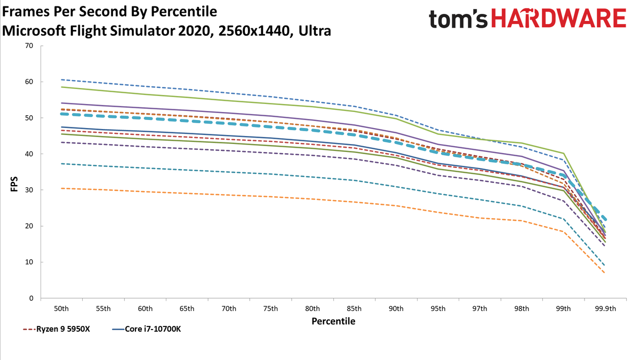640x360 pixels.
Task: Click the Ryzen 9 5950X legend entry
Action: (x=57, y=329)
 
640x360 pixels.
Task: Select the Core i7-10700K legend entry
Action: (x=146, y=329)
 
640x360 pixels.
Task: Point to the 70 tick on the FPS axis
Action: (x=29, y=46)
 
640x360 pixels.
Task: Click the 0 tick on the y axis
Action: (x=31, y=298)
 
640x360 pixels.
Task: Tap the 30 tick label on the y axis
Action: (x=29, y=190)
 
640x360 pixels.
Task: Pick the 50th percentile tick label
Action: (x=61, y=309)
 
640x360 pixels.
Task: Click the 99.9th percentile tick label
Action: (x=605, y=309)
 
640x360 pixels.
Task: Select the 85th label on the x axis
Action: (x=354, y=309)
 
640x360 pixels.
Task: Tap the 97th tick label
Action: (x=479, y=309)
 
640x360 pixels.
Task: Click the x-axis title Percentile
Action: (x=333, y=322)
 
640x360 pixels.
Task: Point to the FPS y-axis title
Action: (x=14, y=184)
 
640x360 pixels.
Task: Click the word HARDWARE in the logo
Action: (x=558, y=18)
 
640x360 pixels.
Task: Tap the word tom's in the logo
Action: (x=458, y=19)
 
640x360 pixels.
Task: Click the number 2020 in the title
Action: (x=196, y=31)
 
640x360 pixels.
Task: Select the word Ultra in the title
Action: (x=315, y=31)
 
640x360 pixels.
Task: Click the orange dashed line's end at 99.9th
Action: (x=605, y=273)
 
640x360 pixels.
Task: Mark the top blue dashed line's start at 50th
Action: (x=61, y=79)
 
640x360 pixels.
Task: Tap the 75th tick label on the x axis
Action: (x=270, y=309)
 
